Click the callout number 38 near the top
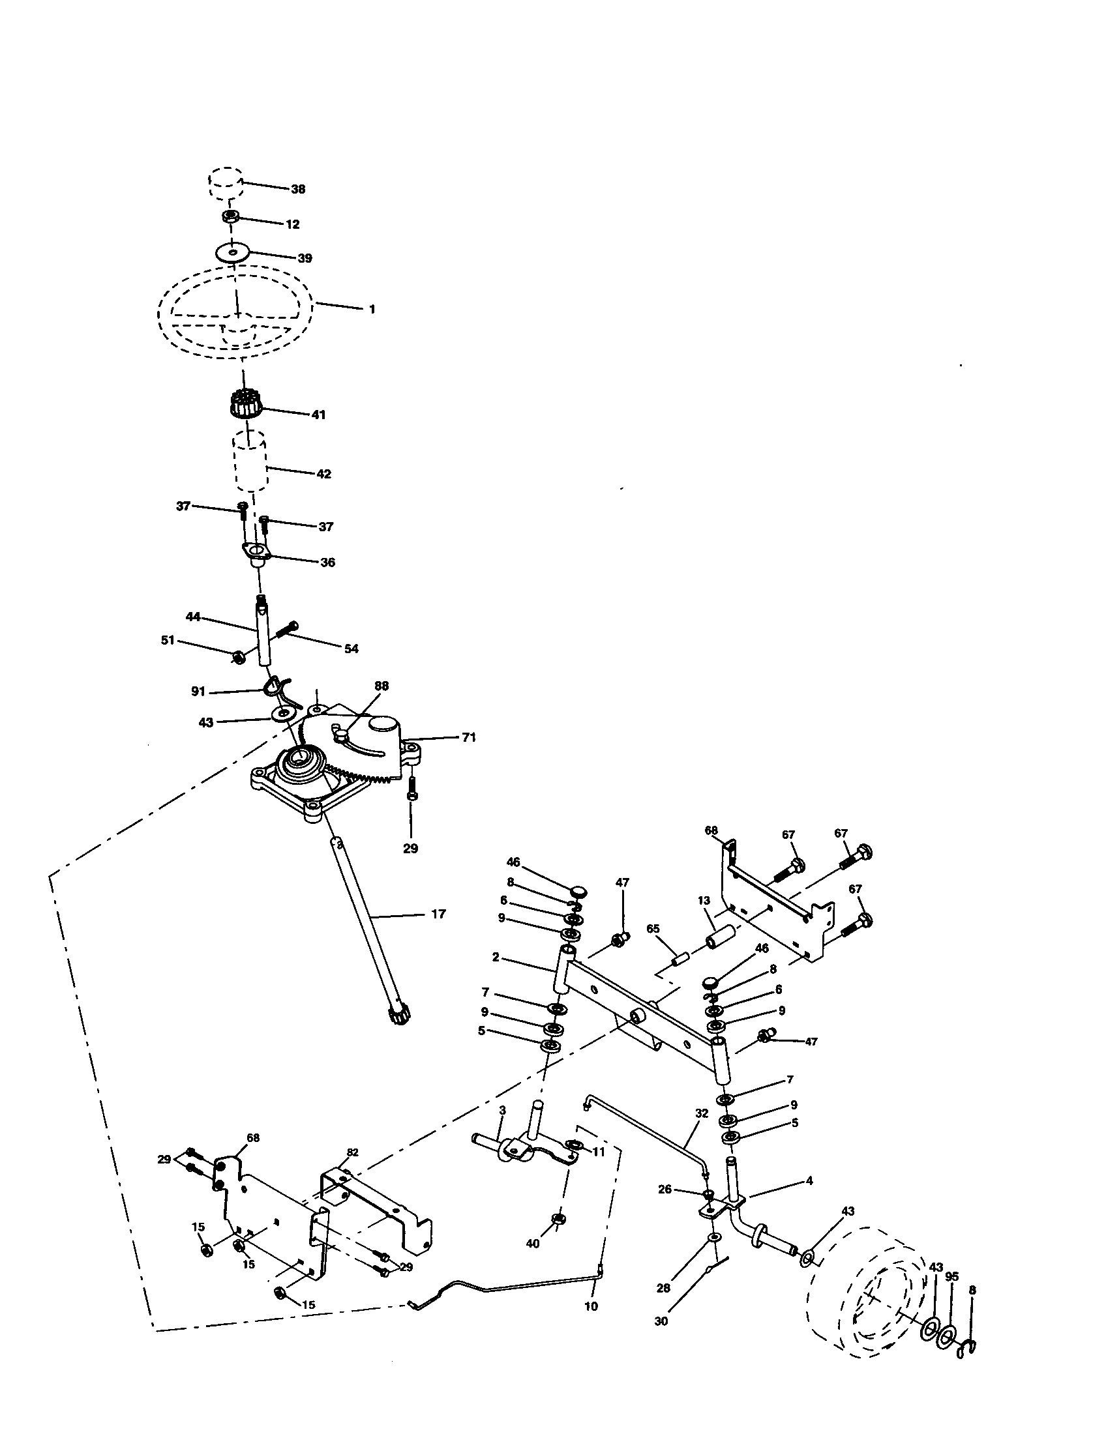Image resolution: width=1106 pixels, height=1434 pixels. point(297,189)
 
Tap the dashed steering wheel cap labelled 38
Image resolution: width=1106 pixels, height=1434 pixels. point(226,182)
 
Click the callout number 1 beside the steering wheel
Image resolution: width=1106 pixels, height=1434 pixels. point(372,309)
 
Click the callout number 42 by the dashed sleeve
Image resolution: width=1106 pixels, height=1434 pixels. point(324,473)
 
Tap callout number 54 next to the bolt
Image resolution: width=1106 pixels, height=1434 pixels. point(351,649)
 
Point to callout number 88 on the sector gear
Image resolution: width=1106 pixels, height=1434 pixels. point(381,686)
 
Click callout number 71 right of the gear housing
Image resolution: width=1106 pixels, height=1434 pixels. point(468,737)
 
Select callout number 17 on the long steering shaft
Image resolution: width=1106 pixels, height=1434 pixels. point(439,913)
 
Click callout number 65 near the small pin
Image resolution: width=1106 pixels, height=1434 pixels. point(652,928)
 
